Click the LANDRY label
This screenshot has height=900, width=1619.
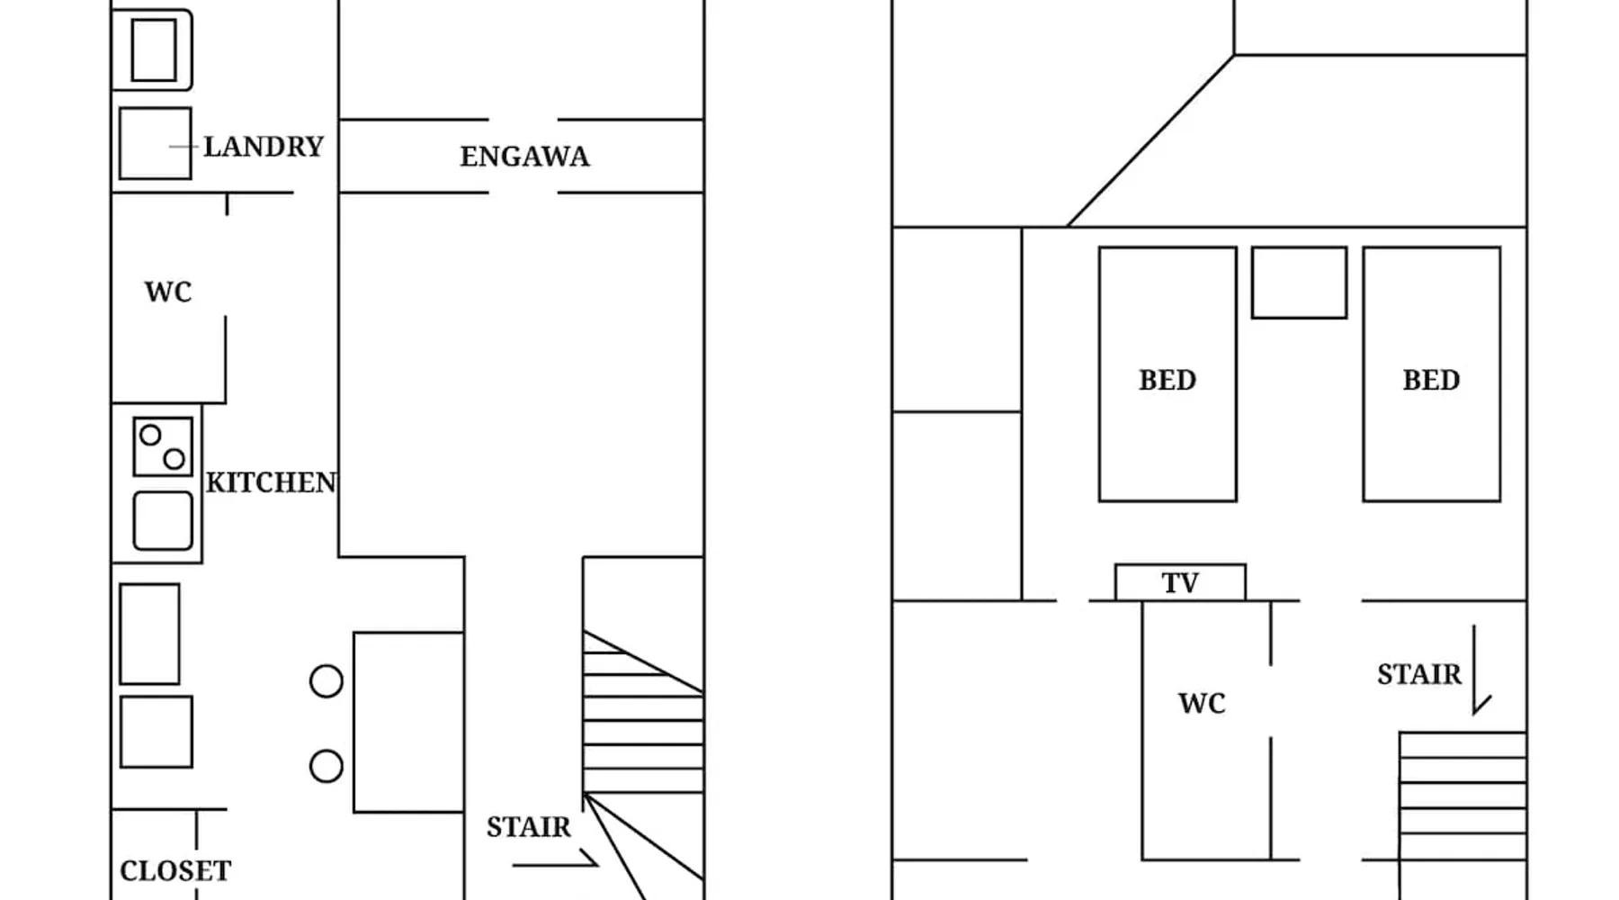(263, 147)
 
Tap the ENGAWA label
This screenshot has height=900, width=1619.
(524, 157)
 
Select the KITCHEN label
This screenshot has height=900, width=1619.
(271, 483)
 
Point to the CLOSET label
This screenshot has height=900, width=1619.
(175, 871)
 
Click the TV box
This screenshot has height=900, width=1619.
(1180, 583)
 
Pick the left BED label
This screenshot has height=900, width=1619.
(1167, 380)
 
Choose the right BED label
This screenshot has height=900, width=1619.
(1431, 380)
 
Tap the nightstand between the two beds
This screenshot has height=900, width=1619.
(1299, 283)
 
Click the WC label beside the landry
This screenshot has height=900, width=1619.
(168, 292)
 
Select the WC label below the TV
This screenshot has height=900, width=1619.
(1202, 703)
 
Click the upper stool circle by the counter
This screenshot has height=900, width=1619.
(326, 681)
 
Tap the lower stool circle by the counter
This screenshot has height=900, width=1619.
(326, 767)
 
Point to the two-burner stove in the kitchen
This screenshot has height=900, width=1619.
(163, 446)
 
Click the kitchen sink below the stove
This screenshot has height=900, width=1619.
(163, 520)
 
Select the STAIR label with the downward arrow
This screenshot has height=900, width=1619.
(1418, 674)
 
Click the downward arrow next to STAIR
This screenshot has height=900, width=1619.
(1476, 670)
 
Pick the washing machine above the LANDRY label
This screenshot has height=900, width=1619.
(153, 50)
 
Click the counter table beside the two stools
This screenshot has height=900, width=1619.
(408, 722)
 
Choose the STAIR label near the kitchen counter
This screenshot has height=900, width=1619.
(528, 827)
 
